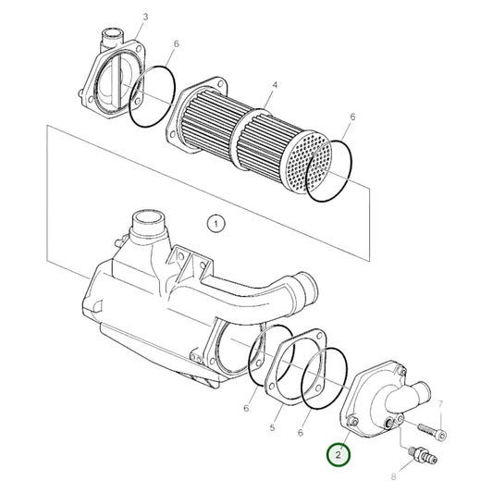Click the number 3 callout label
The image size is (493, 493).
coord(145,18)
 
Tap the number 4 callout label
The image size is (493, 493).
coord(274,85)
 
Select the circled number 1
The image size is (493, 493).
coord(216,223)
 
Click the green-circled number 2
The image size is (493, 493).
coord(339,454)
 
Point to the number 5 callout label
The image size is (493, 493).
coord(274,428)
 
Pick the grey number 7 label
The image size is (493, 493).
coord(441,404)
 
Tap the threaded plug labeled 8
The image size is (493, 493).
coord(420,454)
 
